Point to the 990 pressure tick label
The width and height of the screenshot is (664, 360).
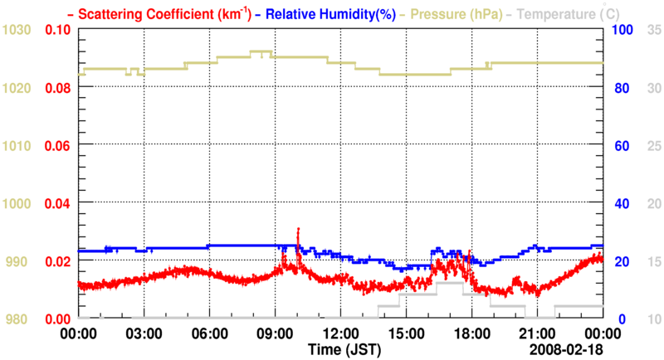pyautogui.click(x=18, y=261)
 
